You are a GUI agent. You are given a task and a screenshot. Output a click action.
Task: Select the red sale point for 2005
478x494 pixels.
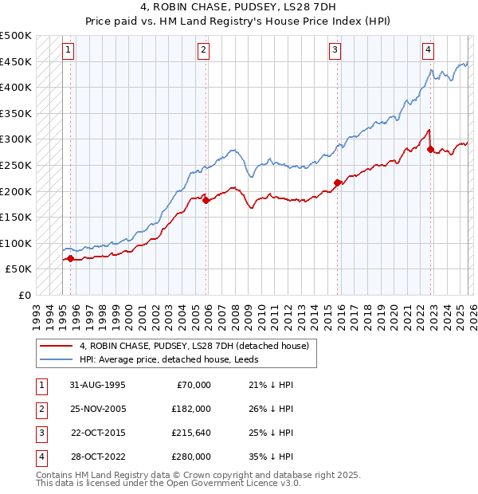coord(206,201)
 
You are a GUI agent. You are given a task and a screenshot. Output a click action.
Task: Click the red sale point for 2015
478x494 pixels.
coord(337,183)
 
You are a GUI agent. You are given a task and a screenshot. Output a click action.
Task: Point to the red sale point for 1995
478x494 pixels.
coord(70,258)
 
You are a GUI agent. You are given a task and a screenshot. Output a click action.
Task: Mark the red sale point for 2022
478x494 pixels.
coord(430,149)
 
